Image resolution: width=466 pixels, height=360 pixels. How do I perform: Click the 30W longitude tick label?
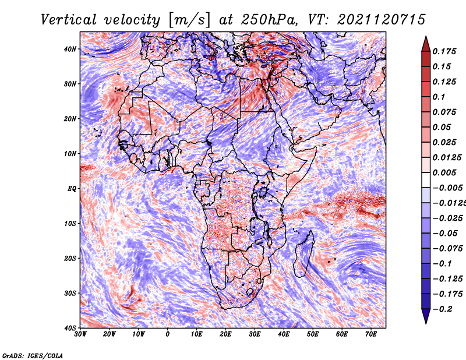(80, 334)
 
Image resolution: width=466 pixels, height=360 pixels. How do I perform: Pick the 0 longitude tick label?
(168, 334)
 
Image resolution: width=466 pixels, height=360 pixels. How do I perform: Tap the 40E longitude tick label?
(284, 334)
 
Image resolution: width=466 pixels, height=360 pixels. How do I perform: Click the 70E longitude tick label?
(371, 334)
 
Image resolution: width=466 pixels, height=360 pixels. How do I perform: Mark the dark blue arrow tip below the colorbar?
(426, 319)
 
